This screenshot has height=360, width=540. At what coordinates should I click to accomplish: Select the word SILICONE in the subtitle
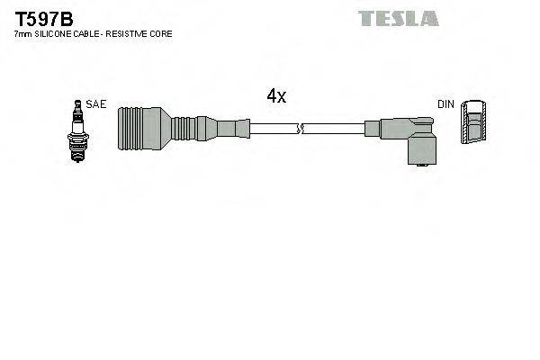(53, 33)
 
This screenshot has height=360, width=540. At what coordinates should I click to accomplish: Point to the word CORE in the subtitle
(161, 33)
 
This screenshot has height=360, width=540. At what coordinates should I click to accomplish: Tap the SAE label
(97, 104)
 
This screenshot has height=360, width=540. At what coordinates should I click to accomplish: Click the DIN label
(445, 104)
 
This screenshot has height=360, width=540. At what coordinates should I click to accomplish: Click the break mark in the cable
(303, 130)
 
